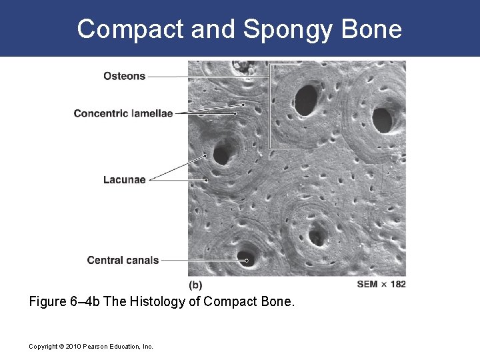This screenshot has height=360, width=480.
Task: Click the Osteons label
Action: [x=124, y=76]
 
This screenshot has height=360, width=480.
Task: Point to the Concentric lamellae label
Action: [x=123, y=113]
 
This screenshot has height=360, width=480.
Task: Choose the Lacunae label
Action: [x=124, y=179]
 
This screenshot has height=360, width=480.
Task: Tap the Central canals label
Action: [x=123, y=260]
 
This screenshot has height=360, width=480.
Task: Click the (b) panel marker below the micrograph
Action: [x=195, y=285]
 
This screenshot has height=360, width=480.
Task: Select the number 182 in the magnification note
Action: [x=397, y=285]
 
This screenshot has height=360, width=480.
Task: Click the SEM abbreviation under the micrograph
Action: [x=367, y=285]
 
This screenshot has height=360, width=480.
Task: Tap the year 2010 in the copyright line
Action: [x=69, y=346]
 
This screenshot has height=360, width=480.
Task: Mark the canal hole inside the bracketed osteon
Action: [x=306, y=99]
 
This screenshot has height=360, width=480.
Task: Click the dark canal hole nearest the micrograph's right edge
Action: [x=382, y=120]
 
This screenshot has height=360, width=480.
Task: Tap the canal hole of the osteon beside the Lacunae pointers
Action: [x=221, y=155]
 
